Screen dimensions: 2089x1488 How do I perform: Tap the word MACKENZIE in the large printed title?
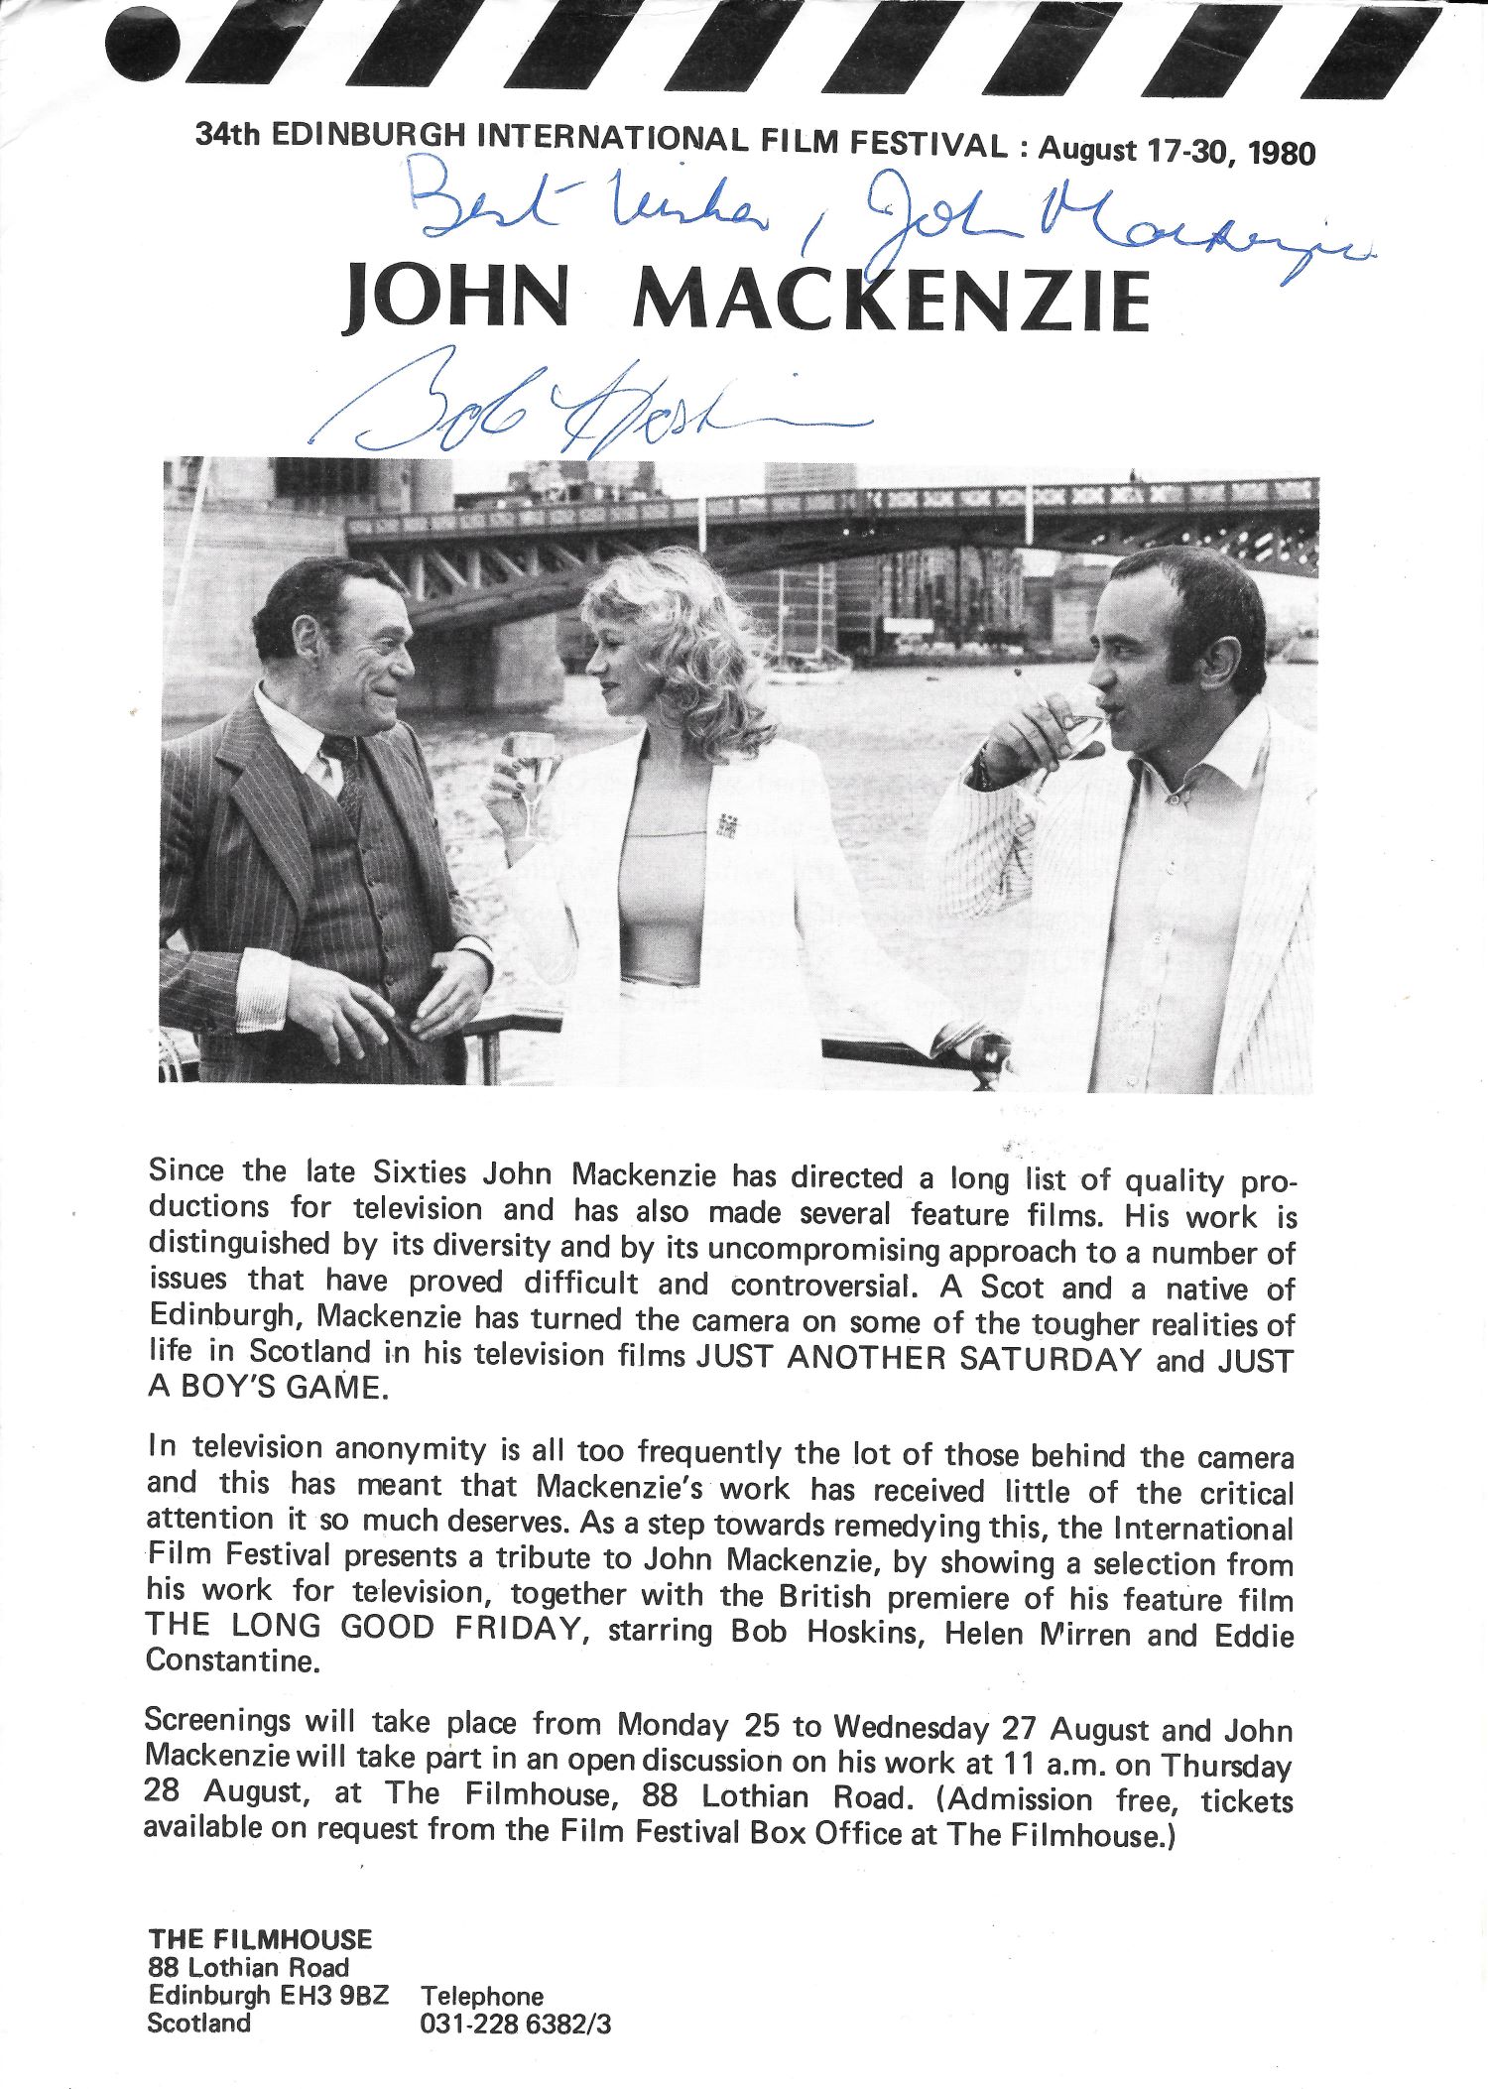tap(891, 300)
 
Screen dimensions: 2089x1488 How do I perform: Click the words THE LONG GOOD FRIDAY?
tap(361, 1628)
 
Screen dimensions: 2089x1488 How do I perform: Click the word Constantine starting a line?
tap(232, 1661)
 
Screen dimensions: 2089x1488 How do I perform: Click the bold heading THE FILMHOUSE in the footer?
tap(260, 1939)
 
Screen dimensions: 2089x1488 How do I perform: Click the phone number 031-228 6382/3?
tap(516, 2024)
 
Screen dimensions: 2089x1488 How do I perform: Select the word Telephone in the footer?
tap(482, 1996)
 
